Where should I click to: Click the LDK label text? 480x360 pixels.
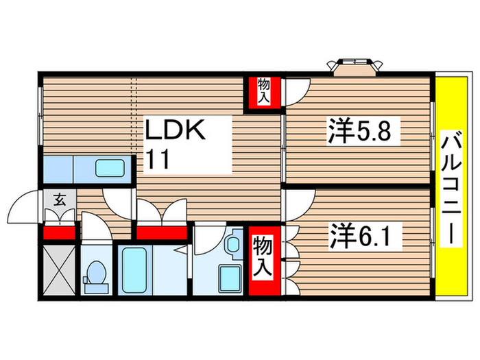[x=174, y=132]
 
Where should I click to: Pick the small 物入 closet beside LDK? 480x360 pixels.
[x=263, y=92]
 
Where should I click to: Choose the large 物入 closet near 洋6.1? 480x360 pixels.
[x=265, y=259]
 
